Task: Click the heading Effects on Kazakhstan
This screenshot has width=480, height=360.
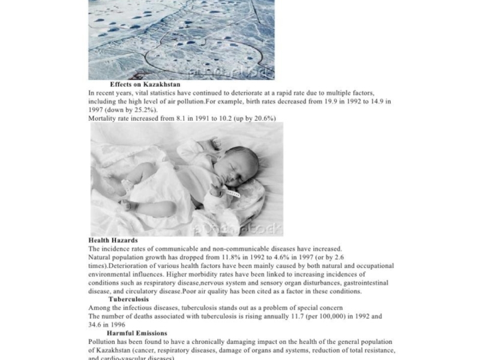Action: pyautogui.click(x=145, y=85)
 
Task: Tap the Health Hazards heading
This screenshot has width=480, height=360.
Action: pyautogui.click(x=113, y=240)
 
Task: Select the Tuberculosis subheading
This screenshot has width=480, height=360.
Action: pyautogui.click(x=128, y=299)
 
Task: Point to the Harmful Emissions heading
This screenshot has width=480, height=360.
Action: pyautogui.click(x=137, y=333)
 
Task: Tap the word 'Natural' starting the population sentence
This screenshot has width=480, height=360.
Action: pyautogui.click(x=101, y=257)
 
